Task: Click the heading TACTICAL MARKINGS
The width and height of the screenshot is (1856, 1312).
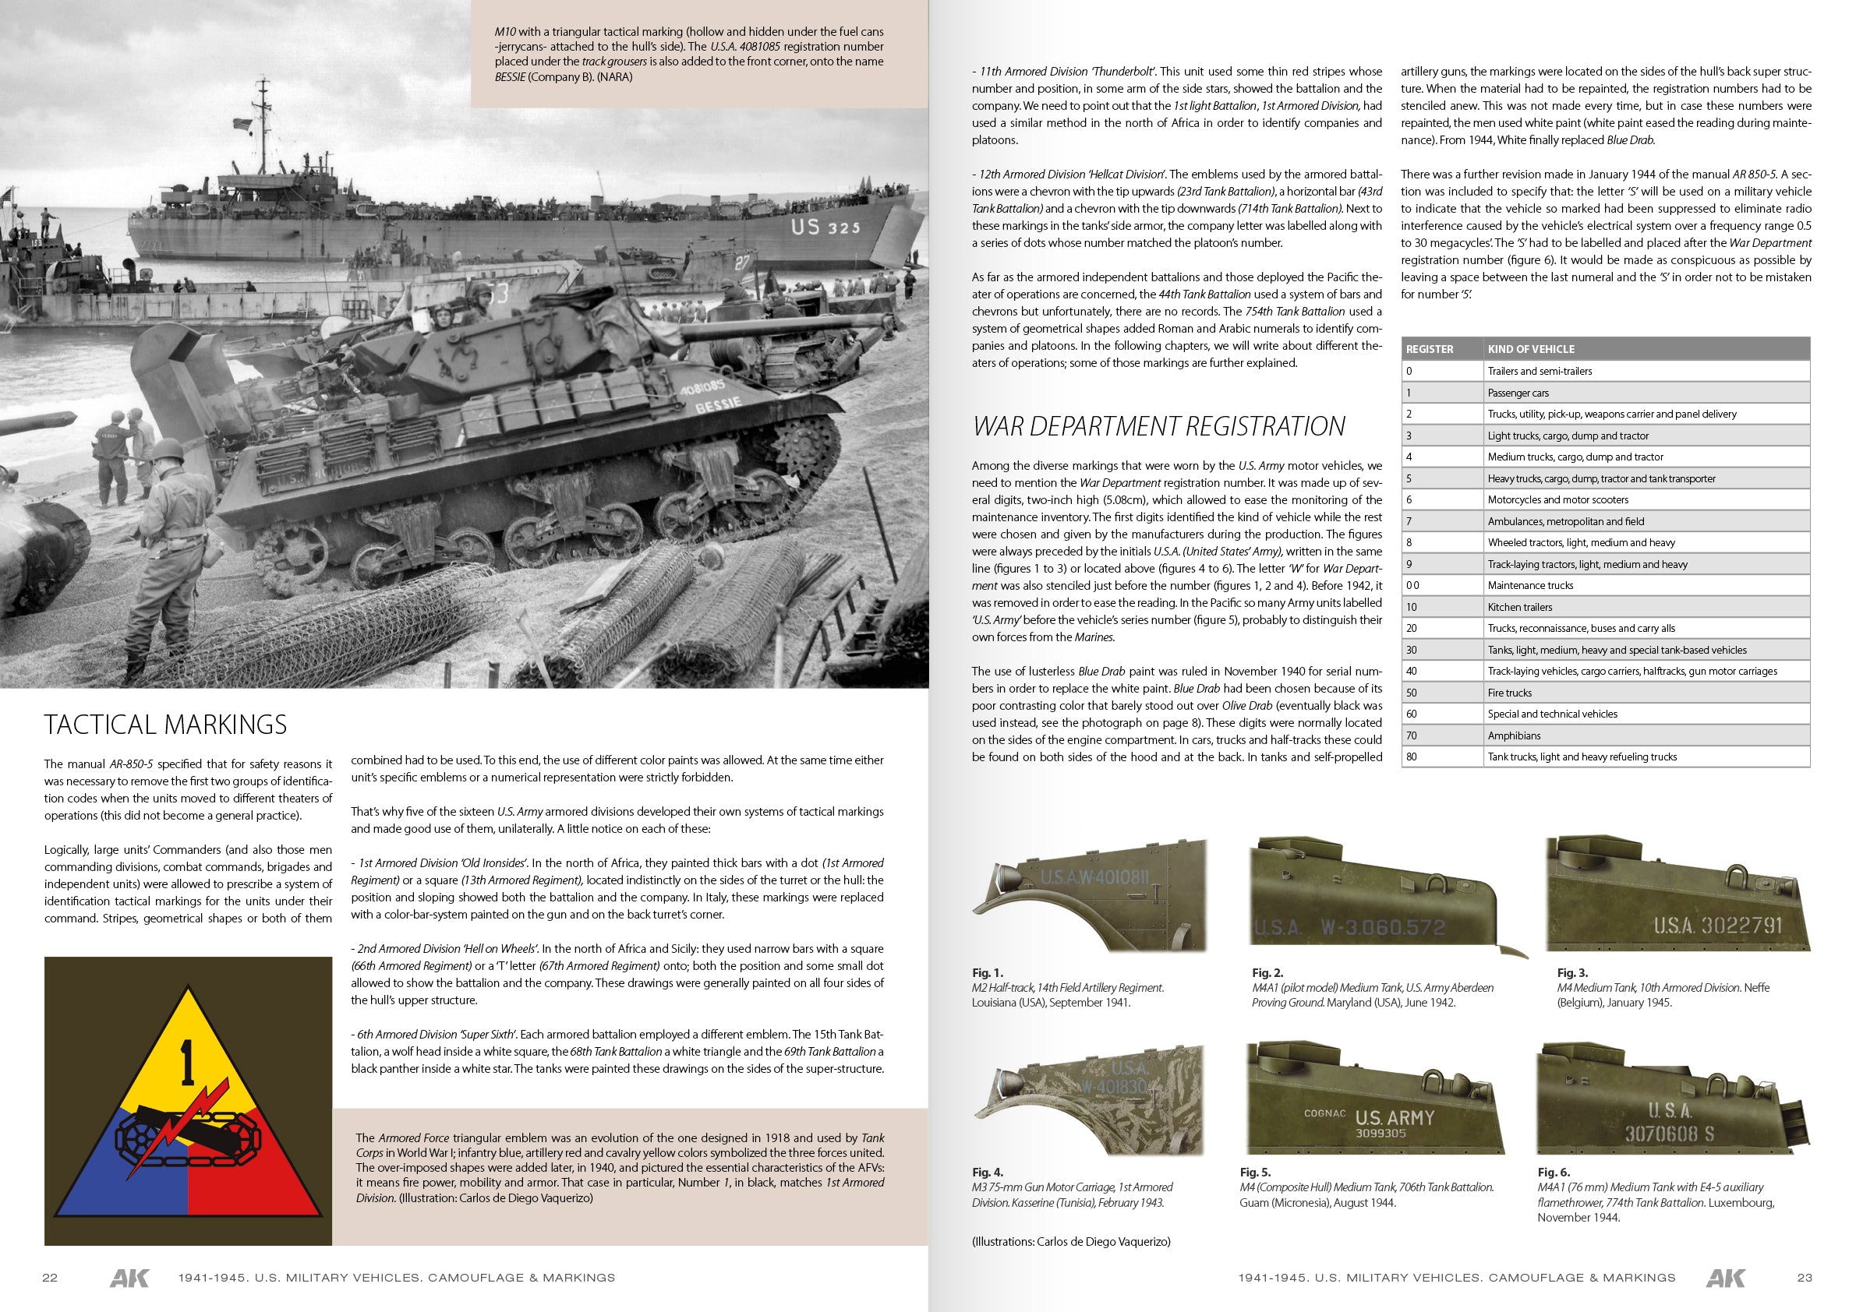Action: (165, 725)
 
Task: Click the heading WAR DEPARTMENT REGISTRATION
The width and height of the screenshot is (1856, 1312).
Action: (1159, 425)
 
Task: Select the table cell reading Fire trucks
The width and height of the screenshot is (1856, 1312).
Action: (1509, 693)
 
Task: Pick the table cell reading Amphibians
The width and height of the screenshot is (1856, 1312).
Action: (1513, 735)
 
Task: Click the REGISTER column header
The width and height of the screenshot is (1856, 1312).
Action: (1429, 349)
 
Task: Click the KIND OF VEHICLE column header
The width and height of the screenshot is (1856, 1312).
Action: (1530, 349)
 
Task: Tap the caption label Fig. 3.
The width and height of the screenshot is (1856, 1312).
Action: (1572, 972)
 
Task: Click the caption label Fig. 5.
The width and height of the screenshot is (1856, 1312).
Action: (1255, 1173)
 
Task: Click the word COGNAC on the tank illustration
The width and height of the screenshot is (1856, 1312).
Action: (1324, 1113)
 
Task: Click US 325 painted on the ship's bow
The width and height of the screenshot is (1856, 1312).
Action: (825, 227)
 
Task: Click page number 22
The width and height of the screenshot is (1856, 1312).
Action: (50, 1277)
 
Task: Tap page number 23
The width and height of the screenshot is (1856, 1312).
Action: (1805, 1277)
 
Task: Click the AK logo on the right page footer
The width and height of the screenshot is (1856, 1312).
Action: (1725, 1277)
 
